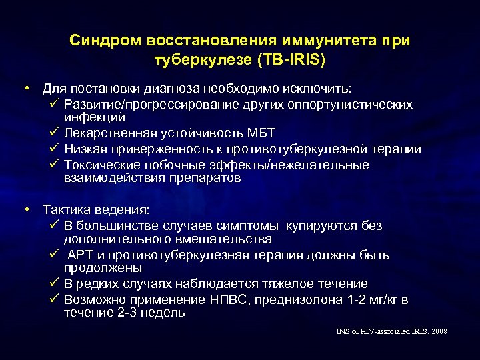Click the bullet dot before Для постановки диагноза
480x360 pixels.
(x=27, y=88)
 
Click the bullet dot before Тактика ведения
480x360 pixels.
(x=27, y=210)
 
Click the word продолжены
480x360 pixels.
(x=102, y=268)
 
